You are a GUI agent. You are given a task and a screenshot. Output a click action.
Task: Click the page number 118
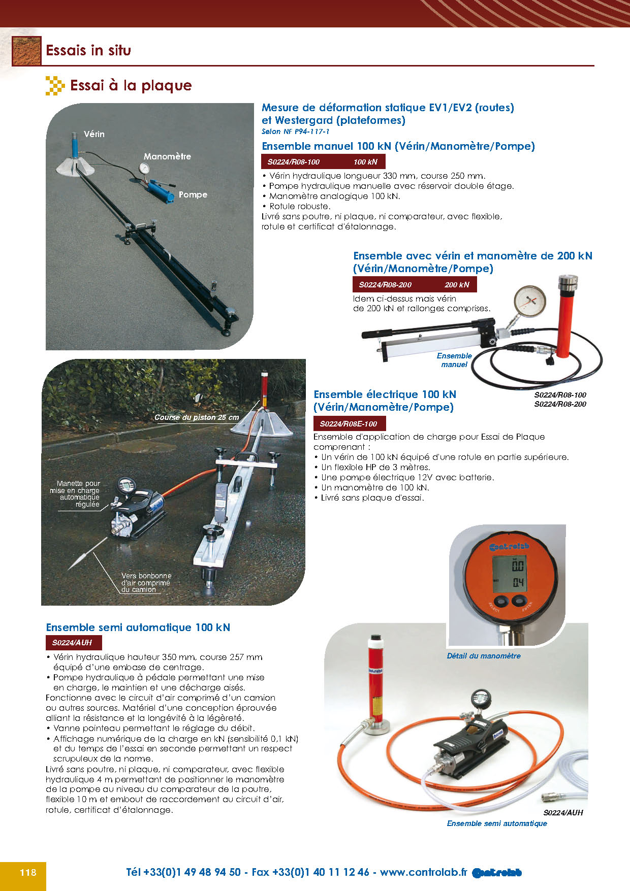[28, 872]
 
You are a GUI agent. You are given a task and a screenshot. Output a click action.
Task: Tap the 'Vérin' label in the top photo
[94, 134]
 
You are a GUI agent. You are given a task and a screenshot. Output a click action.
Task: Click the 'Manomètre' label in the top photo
[167, 156]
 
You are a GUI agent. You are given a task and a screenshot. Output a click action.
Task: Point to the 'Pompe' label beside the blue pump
[193, 194]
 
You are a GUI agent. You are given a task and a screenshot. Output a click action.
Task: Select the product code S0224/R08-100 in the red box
[294, 162]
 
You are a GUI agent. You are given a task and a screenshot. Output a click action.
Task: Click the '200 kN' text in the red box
[457, 285]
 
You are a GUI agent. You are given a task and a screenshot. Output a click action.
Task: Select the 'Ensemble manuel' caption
[454, 360]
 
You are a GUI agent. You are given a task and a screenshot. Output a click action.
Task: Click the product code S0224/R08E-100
[349, 424]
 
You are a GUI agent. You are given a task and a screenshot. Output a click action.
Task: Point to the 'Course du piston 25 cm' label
[197, 417]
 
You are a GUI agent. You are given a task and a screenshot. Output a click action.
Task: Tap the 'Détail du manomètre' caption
[484, 656]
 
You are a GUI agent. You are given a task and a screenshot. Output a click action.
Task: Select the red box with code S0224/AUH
[73, 643]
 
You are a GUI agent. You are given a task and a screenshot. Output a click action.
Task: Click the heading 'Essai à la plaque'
[131, 85]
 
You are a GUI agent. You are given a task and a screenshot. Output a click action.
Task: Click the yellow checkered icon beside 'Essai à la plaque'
[55, 86]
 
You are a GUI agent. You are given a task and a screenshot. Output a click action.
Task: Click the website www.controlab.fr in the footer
[423, 872]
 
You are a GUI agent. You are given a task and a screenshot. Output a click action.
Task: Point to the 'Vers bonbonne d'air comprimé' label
[146, 582]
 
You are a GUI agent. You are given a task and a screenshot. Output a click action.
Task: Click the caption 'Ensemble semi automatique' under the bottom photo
[497, 823]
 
